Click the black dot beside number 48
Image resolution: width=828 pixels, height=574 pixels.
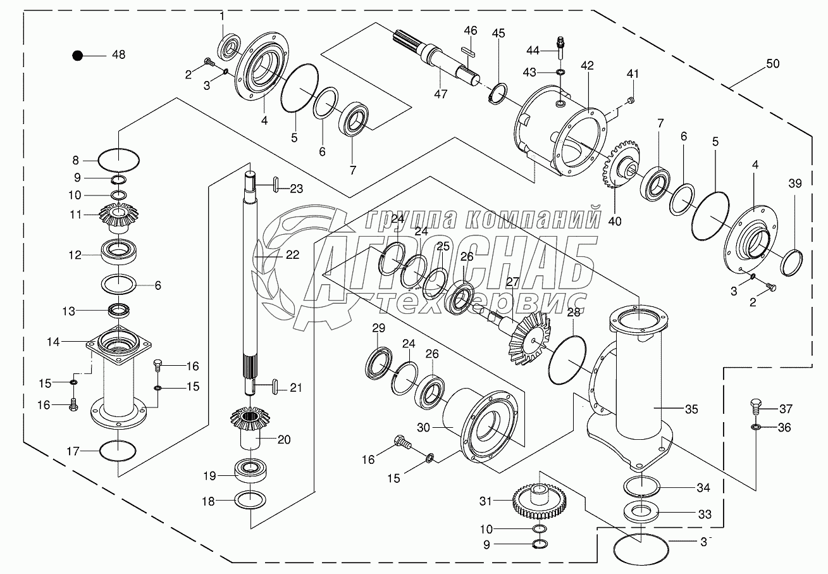pyautogui.click(x=77, y=56)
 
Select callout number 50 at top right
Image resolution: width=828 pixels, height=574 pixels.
pyautogui.click(x=772, y=64)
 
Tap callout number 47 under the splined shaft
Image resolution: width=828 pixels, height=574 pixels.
pyautogui.click(x=440, y=94)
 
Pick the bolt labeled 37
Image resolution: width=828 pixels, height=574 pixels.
pyautogui.click(x=755, y=406)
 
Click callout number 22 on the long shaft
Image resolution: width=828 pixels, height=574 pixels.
pyautogui.click(x=292, y=254)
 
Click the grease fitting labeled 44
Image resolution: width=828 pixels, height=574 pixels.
pyautogui.click(x=560, y=44)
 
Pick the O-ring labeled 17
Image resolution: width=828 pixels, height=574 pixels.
pyautogui.click(x=118, y=451)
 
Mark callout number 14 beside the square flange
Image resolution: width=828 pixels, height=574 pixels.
pyautogui.click(x=70, y=341)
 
